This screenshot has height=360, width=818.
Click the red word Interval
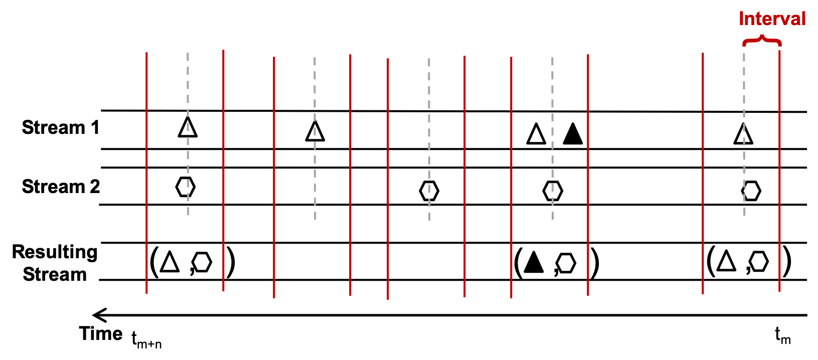tap(772, 19)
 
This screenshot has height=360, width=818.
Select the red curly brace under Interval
tap(762, 41)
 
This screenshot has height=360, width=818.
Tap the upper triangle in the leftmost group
tap(188, 128)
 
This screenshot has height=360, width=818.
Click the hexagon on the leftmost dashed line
tap(186, 187)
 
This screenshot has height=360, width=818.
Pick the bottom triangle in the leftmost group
tap(170, 263)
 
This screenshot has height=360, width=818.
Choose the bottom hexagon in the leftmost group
tap(202, 262)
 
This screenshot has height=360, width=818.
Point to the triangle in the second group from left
tap(315, 132)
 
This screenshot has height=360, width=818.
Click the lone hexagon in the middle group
tap(429, 191)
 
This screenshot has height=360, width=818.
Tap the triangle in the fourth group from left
tap(536, 135)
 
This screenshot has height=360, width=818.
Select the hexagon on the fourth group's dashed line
tap(553, 191)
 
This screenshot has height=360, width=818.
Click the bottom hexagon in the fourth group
tap(566, 263)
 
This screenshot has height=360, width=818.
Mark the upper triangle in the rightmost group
tap(743, 135)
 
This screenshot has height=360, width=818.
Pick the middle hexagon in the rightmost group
tap(751, 191)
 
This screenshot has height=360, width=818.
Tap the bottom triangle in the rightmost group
tap(726, 262)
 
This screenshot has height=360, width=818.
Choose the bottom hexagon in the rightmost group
tap(759, 261)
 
